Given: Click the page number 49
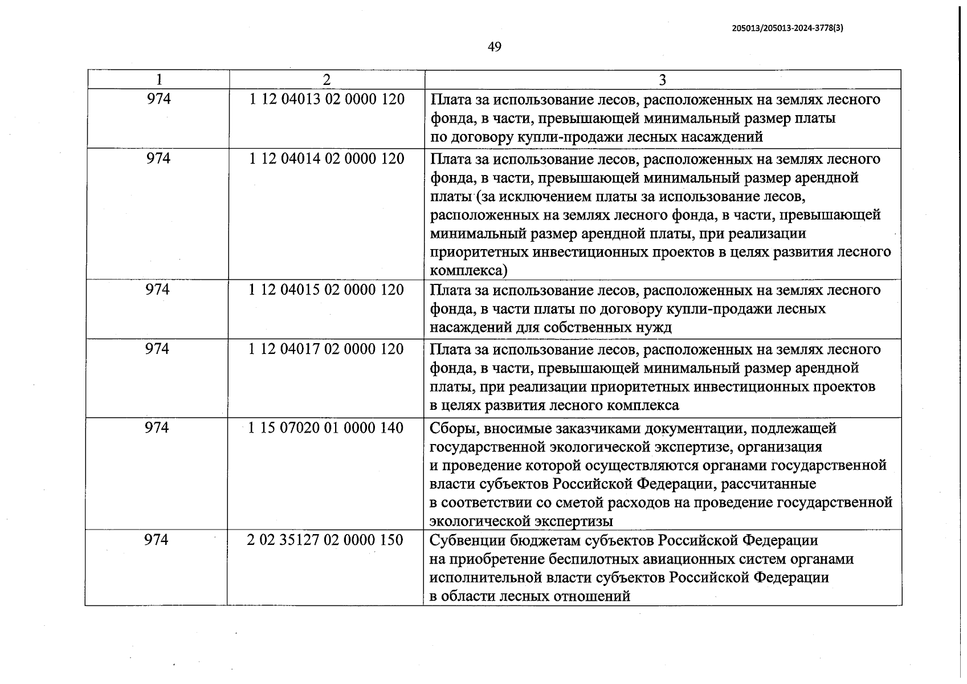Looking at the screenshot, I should click(495, 47).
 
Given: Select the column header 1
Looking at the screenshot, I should click(159, 80).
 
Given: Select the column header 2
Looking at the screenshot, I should click(327, 80).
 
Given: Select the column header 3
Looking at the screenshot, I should click(662, 80).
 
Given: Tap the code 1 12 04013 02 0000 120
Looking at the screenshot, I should click(327, 99).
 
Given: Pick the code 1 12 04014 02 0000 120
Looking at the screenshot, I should click(327, 158).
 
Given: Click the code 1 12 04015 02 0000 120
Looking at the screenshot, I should click(326, 290).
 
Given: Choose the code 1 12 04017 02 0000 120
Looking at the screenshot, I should click(326, 349).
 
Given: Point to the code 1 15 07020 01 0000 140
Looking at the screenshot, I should click(325, 427).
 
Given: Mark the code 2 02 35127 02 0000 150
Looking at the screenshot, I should click(325, 540).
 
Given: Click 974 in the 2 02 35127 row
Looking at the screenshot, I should click(157, 540).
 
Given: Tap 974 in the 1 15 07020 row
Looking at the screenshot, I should click(157, 427).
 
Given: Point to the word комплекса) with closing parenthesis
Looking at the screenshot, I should click(468, 271).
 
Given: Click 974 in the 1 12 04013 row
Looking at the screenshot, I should click(158, 99).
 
